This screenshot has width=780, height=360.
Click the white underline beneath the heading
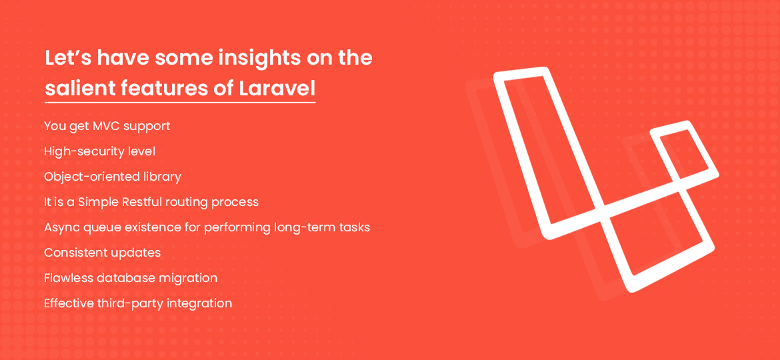point(180,102)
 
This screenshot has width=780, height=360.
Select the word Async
point(61,227)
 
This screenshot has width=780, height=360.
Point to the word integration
point(199,303)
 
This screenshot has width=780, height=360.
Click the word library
point(163,177)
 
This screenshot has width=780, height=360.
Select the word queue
point(100,227)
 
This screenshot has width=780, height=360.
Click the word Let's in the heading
point(67,58)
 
